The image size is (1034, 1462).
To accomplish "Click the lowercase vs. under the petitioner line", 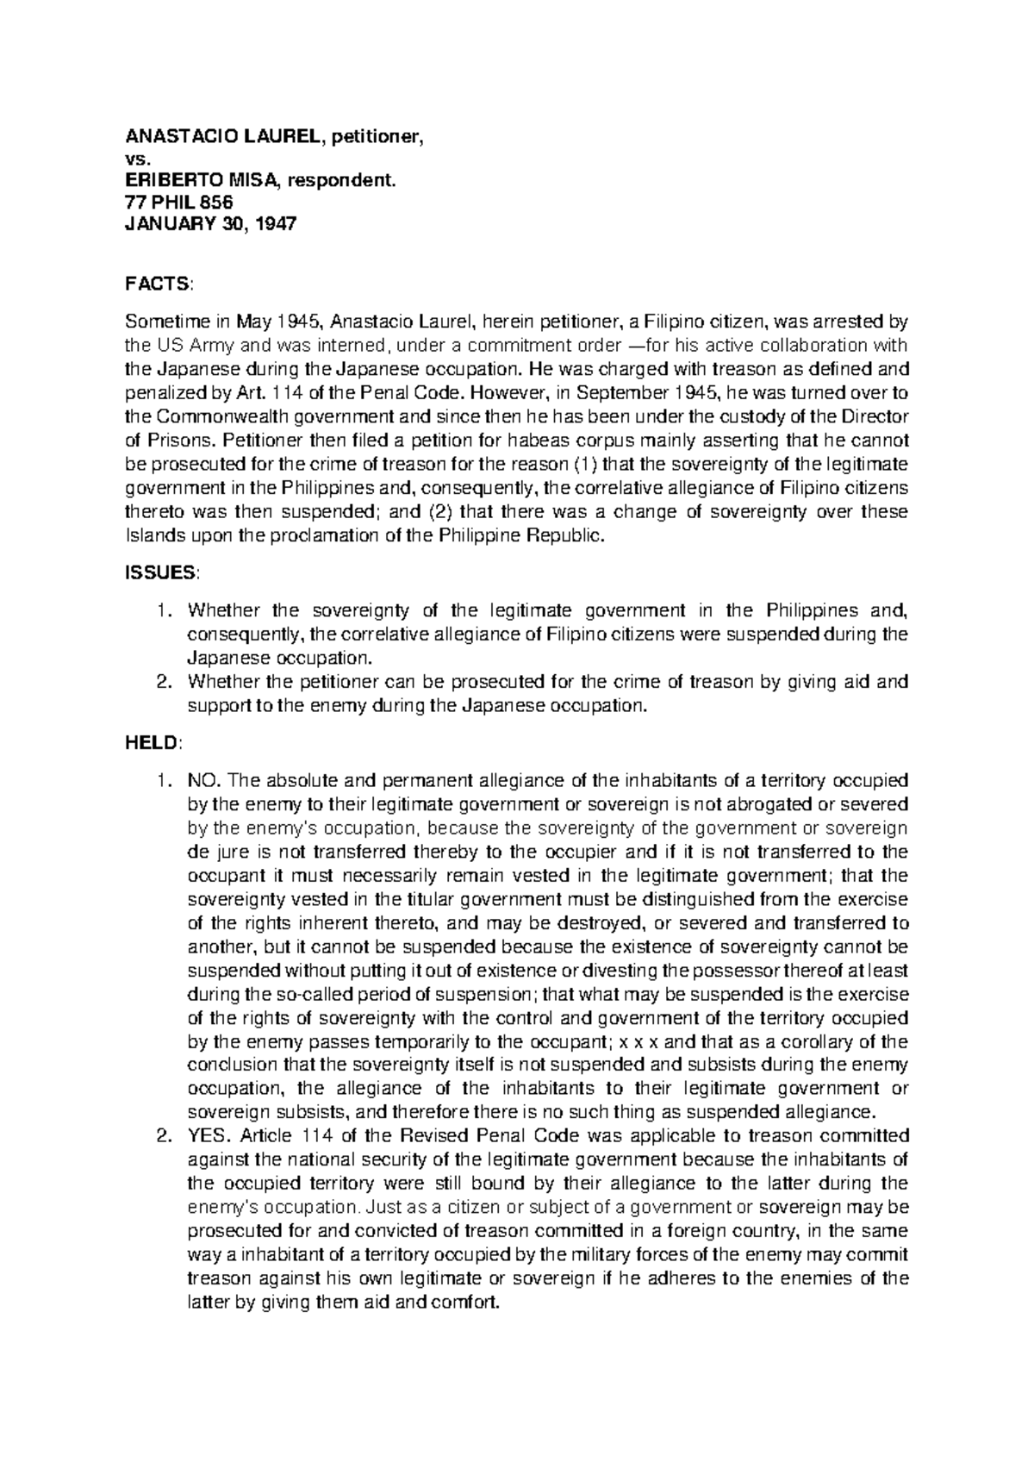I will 138,158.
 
